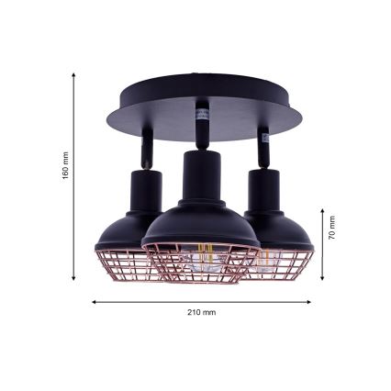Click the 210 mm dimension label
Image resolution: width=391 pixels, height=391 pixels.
pos(200,312)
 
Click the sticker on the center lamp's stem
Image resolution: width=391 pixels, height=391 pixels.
pos(201,115)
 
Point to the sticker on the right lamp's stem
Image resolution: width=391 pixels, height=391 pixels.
pos(264,138)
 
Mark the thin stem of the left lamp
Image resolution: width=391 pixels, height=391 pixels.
pos(146,148)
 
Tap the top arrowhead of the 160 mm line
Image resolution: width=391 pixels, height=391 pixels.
pos(73,76)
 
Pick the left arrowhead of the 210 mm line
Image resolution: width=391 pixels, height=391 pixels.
pos(93,301)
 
